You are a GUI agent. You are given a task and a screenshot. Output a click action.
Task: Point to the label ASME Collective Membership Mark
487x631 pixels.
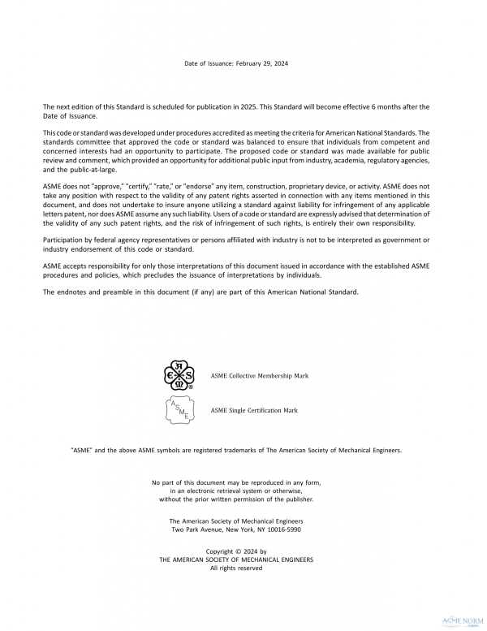259,377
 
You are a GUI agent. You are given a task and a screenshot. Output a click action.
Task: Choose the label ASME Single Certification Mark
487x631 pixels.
254,411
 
